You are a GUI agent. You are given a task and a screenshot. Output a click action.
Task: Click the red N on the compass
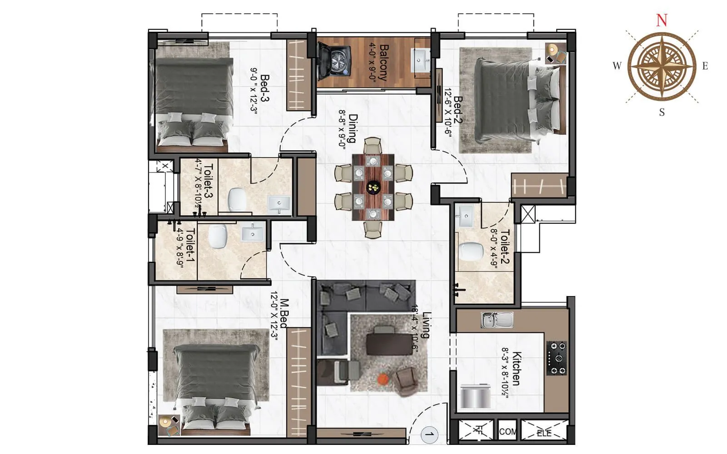click(662, 20)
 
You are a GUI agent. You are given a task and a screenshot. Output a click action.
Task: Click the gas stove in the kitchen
click(556, 358)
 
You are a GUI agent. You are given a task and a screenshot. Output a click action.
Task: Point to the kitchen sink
click(497, 320)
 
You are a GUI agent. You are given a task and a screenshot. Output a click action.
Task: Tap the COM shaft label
click(507, 432)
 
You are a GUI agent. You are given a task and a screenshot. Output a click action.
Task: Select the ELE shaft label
click(544, 433)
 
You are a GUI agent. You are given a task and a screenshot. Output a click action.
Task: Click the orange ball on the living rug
click(383, 378)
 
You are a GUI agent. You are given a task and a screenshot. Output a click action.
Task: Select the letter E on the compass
click(705, 66)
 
